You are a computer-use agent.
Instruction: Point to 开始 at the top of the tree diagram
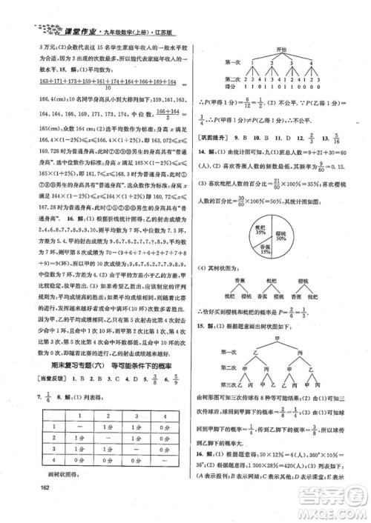pos(277,47)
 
